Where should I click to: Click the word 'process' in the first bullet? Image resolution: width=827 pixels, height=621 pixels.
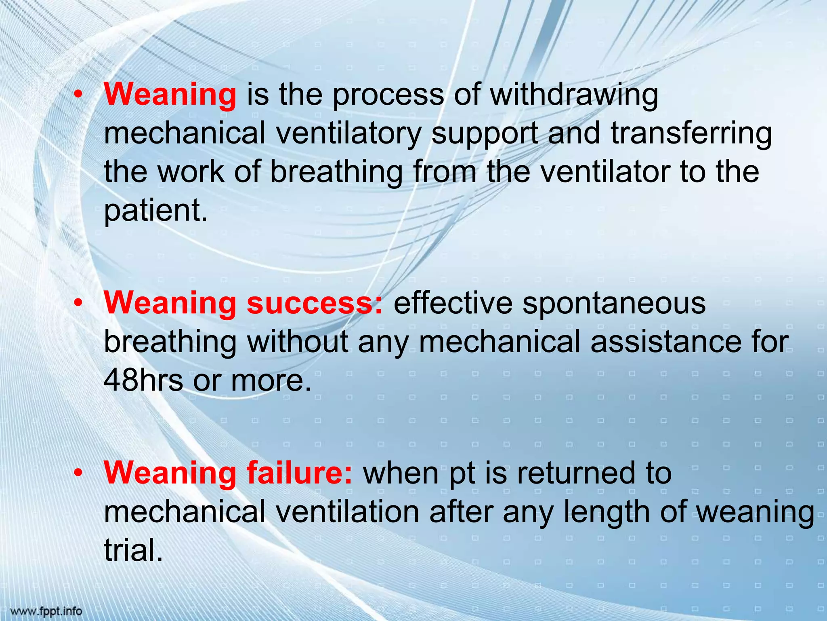(388, 96)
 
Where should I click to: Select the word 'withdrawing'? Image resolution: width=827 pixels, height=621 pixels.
(574, 96)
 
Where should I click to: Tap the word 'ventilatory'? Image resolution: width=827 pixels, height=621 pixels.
(348, 134)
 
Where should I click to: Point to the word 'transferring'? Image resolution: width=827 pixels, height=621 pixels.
(691, 134)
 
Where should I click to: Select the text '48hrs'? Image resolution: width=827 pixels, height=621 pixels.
(143, 380)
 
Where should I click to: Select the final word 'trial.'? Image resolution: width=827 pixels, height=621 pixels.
(134, 550)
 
